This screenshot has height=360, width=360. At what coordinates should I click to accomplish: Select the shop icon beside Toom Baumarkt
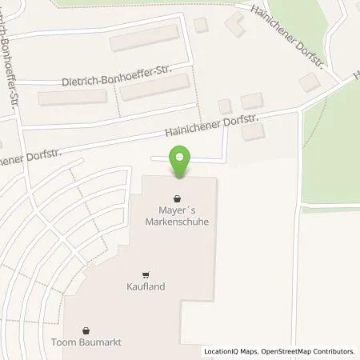pos(86,330)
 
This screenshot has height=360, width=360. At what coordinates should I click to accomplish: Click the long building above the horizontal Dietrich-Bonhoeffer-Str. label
pos(144,38)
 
